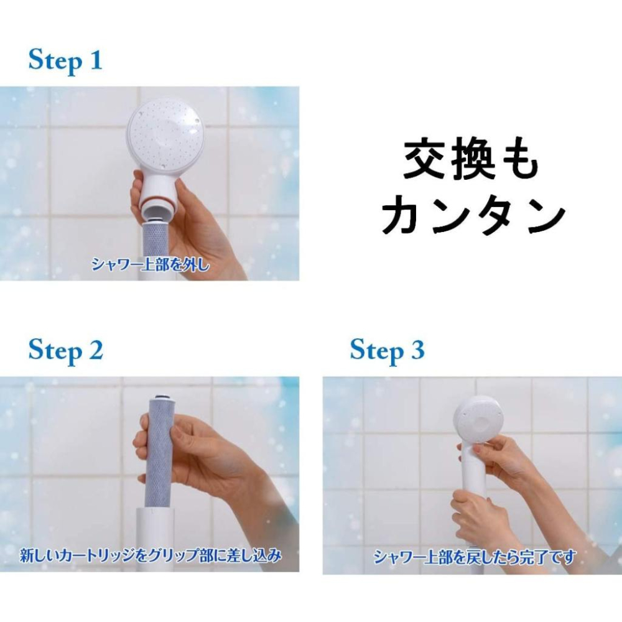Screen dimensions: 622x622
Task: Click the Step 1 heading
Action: [x=65, y=61]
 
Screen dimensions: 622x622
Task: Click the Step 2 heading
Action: [x=65, y=350]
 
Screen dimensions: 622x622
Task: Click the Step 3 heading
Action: [x=387, y=350]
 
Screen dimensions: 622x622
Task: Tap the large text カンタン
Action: [x=473, y=216]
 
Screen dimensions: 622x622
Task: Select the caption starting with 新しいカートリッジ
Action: [x=150, y=554]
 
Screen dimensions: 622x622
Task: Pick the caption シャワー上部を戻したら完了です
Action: [x=475, y=556]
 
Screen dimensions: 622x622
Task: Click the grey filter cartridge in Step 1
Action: [x=160, y=243]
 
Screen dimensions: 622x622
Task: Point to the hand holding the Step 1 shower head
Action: [x=199, y=224]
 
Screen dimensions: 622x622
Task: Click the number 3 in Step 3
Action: [x=417, y=350]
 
